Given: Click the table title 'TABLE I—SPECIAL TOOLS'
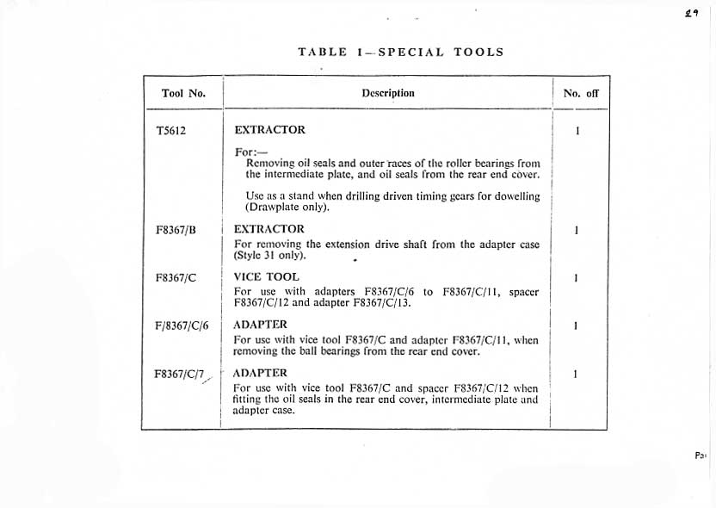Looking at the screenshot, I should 400,52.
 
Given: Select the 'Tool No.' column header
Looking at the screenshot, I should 183,93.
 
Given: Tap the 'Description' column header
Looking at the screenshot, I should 388,93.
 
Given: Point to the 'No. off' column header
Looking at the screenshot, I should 580,93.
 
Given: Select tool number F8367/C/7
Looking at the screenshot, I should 179,374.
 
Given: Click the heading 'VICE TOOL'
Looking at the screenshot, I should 266,277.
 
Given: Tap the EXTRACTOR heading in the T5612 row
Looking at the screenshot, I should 269,130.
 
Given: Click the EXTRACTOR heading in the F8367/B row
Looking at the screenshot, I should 269,229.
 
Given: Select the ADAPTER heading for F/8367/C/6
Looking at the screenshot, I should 261,325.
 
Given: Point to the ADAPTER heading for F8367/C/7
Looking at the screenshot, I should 261,373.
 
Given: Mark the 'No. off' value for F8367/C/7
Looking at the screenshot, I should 575,374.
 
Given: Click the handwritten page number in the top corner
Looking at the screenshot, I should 689,14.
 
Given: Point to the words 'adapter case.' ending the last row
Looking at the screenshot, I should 263,411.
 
